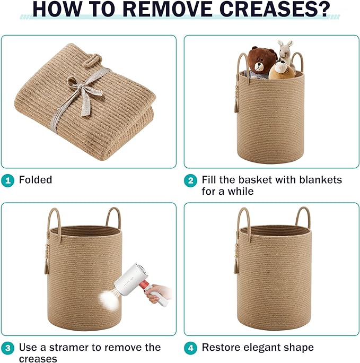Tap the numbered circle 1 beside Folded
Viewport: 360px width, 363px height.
click(7, 180)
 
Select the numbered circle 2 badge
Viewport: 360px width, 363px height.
click(190, 180)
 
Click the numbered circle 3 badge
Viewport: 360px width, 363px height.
click(7, 348)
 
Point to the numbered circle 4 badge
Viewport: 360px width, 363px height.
click(190, 348)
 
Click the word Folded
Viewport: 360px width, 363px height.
click(36, 180)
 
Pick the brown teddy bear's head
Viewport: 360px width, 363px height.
click(262, 60)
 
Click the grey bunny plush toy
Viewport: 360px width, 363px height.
click(286, 53)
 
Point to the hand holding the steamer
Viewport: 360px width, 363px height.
click(156, 293)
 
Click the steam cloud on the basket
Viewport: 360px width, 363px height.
click(109, 300)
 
